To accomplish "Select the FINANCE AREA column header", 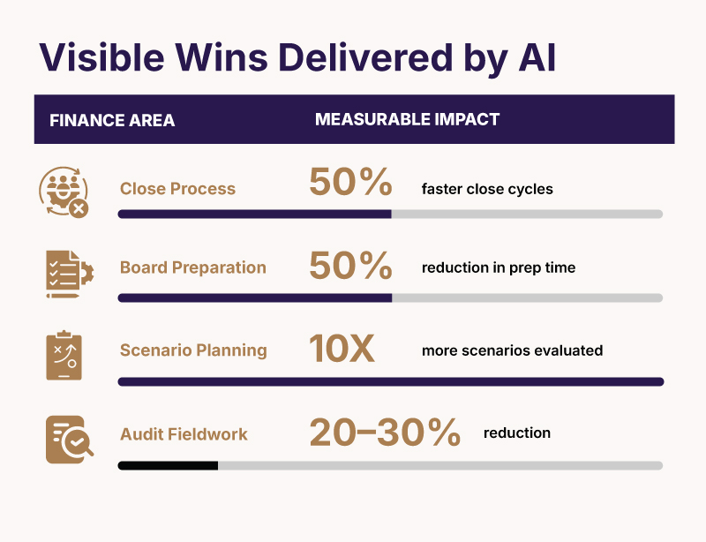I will (112, 120).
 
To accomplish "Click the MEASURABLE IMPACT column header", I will (407, 119).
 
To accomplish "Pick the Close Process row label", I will (177, 188).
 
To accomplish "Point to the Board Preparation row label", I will (192, 267).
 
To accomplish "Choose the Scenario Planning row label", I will (193, 350).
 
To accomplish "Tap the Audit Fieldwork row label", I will (184, 434).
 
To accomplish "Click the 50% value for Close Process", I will (350, 183).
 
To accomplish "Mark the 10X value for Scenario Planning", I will (342, 349).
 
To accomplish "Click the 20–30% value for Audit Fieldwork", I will (385, 433).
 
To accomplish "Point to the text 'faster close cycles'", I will (487, 189).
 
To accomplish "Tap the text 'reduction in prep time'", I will (498, 267).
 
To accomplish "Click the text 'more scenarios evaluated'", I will (512, 350).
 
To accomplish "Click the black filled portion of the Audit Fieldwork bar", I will (168, 465).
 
